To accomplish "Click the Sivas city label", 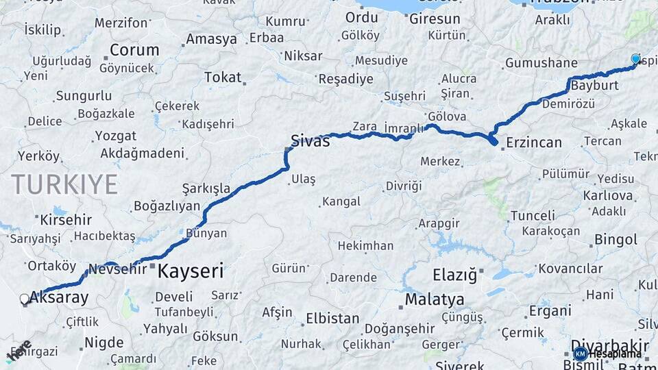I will (x=310, y=141).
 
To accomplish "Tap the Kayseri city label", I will (x=191, y=271).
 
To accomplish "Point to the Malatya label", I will (x=434, y=300).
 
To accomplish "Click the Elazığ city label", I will (x=454, y=275).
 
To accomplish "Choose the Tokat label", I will (x=223, y=77).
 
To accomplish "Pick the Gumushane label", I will (x=541, y=63).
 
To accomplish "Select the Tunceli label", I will (x=533, y=216).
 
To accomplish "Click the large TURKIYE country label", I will (x=64, y=184).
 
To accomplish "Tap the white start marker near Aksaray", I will (x=25, y=299).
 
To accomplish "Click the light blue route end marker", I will (x=635, y=60).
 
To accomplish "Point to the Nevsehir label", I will (x=118, y=269).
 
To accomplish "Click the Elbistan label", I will (x=332, y=318).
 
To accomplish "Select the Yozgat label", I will (x=116, y=136).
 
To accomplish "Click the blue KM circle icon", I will (x=580, y=354).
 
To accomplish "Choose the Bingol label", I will (x=616, y=240).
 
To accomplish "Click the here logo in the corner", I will (x=18, y=350).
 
